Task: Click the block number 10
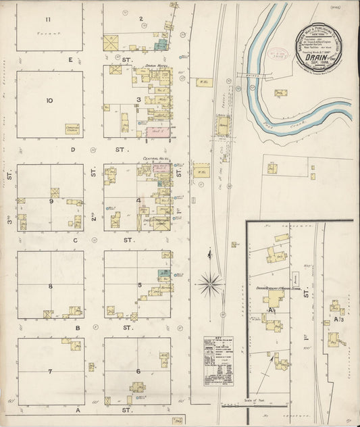(x=49, y=101)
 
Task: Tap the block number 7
(x=50, y=372)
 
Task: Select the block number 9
(x=51, y=201)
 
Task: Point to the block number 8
(x=50, y=286)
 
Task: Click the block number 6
(x=138, y=372)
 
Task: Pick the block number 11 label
(x=48, y=18)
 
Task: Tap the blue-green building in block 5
(x=163, y=273)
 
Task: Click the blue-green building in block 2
(x=160, y=45)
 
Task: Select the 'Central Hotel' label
(x=155, y=159)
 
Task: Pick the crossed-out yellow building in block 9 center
(x=55, y=193)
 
